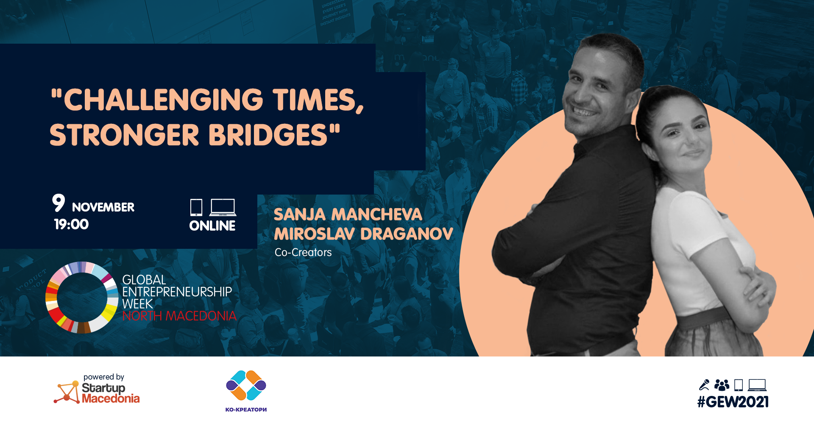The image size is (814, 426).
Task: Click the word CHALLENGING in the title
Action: tap(164, 100)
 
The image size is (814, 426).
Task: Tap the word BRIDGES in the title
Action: tap(268, 135)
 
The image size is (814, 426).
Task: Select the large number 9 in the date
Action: tap(59, 203)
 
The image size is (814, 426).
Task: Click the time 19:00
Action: tap(71, 224)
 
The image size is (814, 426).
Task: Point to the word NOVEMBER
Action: tap(103, 207)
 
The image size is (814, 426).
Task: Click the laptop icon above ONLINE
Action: tap(223, 207)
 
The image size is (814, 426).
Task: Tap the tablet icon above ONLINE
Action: tap(196, 207)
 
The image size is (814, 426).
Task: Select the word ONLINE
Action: tap(212, 226)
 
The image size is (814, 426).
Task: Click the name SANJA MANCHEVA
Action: tap(348, 214)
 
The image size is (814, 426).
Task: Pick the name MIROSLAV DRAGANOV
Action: tap(363, 234)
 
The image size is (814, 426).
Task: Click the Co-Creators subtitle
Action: tap(303, 252)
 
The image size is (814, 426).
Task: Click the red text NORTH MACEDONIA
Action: tap(179, 316)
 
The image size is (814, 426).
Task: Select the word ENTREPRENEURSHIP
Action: tap(177, 292)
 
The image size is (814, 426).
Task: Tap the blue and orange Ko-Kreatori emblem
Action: tap(246, 385)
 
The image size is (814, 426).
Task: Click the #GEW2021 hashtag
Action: tap(733, 402)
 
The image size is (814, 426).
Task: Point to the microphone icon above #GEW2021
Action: tap(704, 385)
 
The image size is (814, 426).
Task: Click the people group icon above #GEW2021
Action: tap(722, 385)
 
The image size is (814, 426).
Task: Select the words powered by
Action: tap(104, 377)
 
